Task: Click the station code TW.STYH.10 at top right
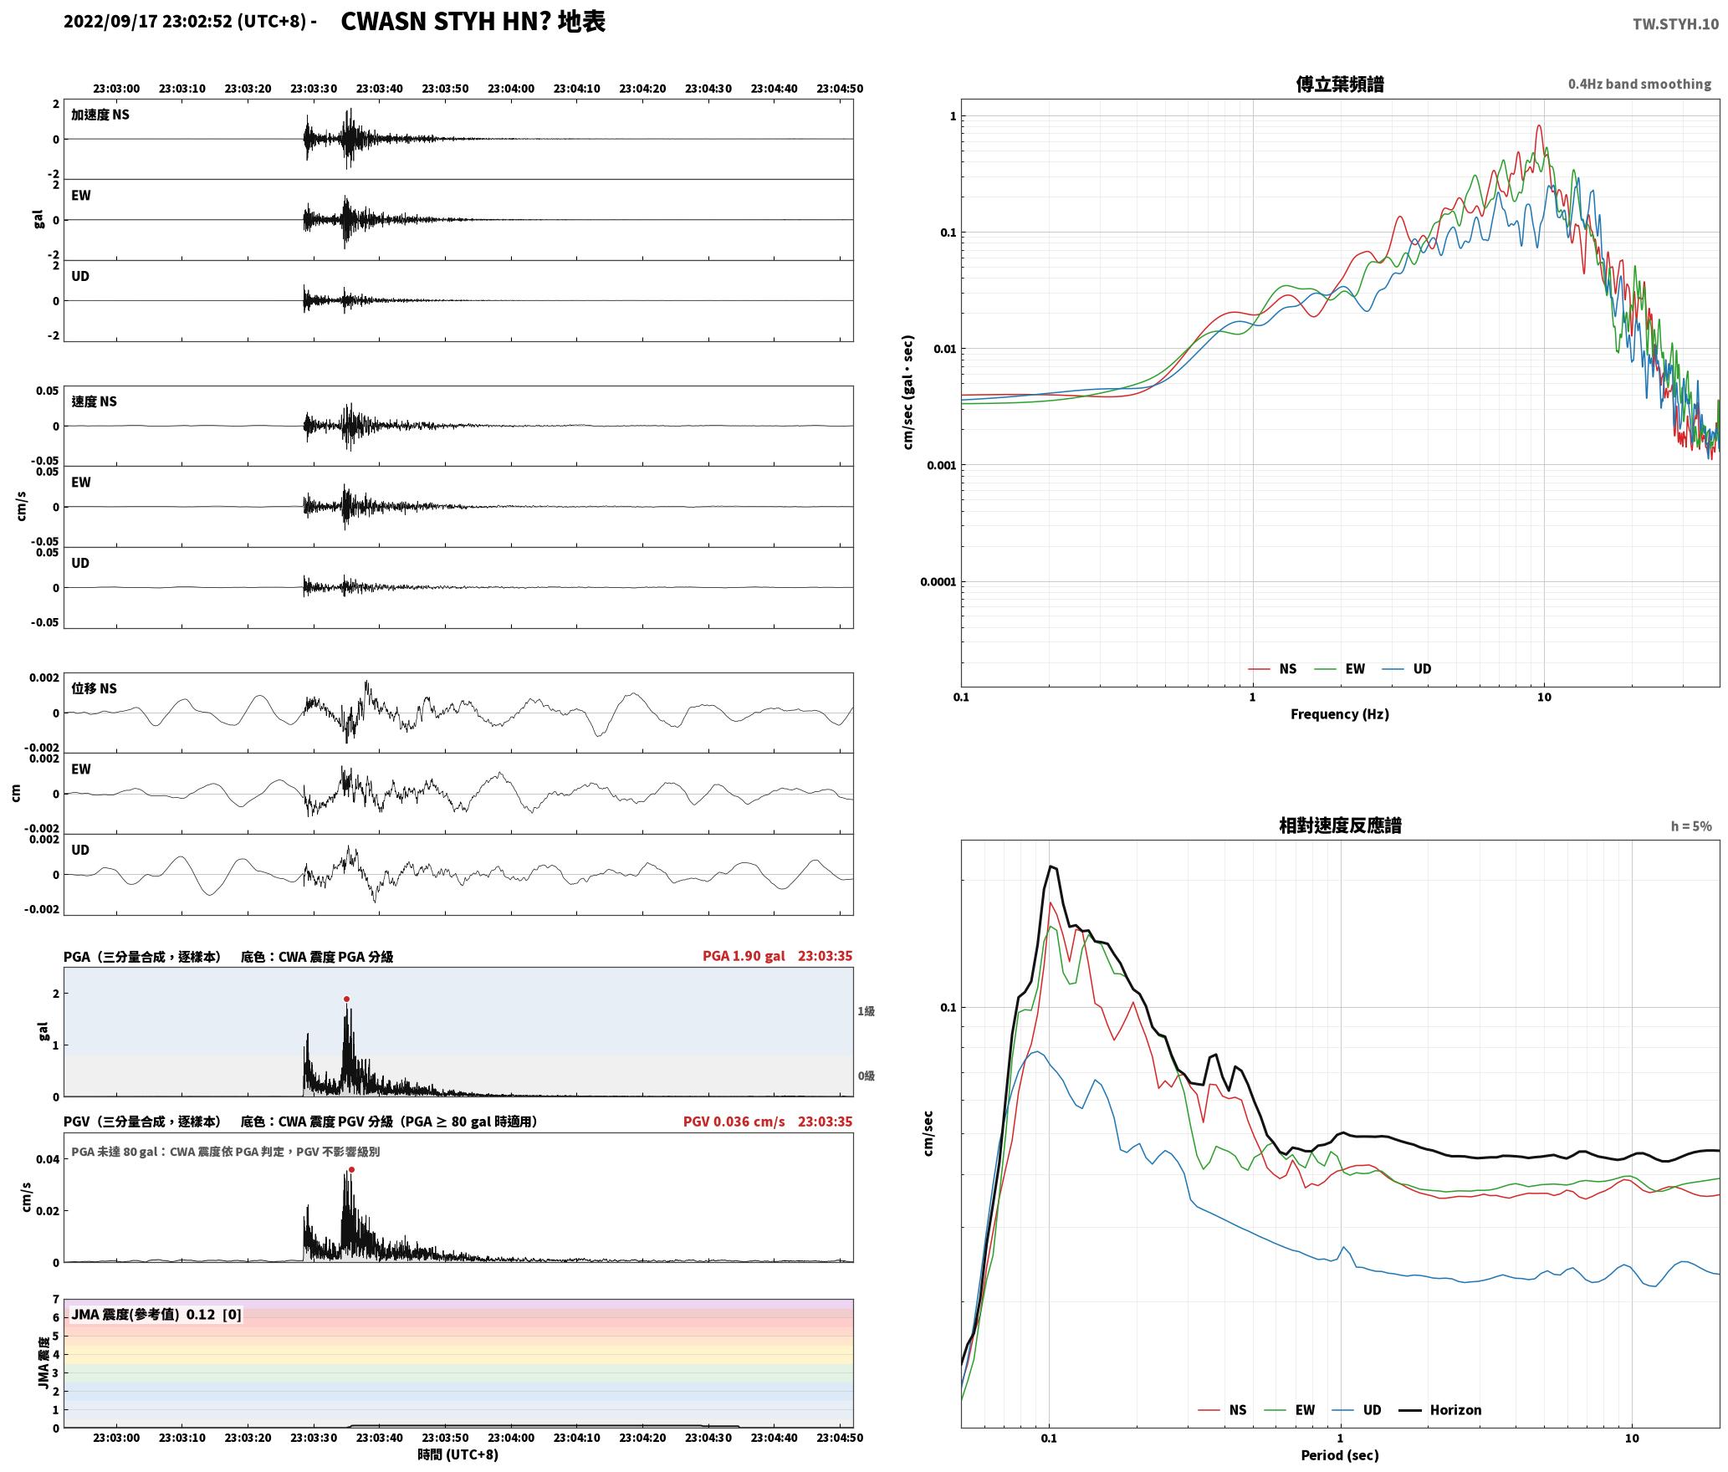[x=1675, y=23]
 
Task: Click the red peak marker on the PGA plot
[x=346, y=999]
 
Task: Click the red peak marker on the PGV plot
[x=351, y=1169]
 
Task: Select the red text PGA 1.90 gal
[x=744, y=956]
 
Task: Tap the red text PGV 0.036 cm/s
[x=734, y=1122]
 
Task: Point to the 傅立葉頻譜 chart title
[x=1340, y=84]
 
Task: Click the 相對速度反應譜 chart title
[x=1340, y=825]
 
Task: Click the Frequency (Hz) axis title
[x=1340, y=714]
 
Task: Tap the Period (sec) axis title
[x=1340, y=1455]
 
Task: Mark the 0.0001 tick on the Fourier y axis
[x=938, y=582]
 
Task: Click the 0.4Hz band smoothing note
[x=1639, y=84]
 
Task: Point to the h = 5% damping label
[x=1691, y=826]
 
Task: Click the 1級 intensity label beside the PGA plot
[x=866, y=1011]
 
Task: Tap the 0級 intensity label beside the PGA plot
[x=866, y=1076]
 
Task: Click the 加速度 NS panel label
[x=100, y=115]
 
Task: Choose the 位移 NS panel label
[x=94, y=688]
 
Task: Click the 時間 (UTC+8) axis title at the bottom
[x=458, y=1454]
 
